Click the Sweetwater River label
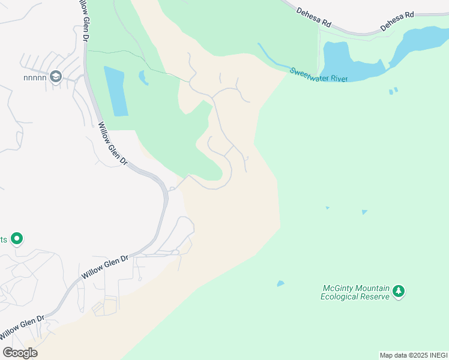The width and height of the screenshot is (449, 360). pos(318,75)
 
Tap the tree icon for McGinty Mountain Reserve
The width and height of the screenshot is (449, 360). pos(399,292)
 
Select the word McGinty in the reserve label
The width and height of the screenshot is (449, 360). pos(338,288)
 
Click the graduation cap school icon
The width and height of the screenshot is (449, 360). pos(56,76)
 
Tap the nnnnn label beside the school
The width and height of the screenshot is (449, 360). pos(34,77)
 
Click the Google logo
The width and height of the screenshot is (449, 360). pos(20,352)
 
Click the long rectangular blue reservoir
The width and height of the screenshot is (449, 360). pos(115,90)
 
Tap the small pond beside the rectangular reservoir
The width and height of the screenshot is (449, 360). pos(143,77)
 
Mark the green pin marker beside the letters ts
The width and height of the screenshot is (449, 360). pos(17,239)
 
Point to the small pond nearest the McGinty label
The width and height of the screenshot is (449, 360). pos(280,283)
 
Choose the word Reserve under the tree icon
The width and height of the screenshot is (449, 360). pos(375,296)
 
